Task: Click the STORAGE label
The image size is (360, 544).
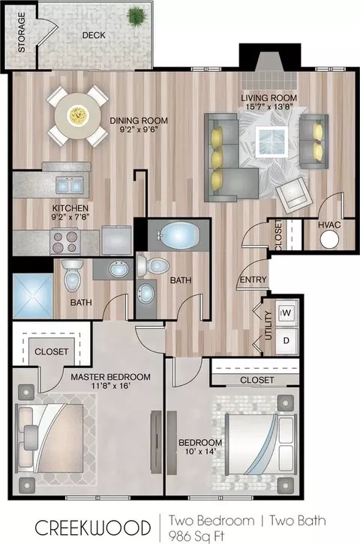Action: point(22,33)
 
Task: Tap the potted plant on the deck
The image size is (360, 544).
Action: point(137,16)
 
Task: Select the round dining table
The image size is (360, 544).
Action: point(77,116)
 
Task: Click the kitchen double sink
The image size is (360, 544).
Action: point(70,185)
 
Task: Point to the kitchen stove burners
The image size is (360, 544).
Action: point(65,242)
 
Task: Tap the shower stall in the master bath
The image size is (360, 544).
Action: point(33,296)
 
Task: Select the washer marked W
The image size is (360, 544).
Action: point(286,313)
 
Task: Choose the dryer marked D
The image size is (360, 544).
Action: point(286,341)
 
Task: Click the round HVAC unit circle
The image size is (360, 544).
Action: point(329,239)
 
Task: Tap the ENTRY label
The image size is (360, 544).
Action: point(253,279)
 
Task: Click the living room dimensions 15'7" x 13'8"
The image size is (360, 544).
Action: point(269,107)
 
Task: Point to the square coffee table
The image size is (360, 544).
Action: point(271,142)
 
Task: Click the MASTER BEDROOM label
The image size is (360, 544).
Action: point(111,377)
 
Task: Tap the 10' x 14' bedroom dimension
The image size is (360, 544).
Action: point(200,451)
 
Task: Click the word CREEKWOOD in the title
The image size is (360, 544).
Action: point(93,528)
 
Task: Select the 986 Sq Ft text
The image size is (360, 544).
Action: point(196,537)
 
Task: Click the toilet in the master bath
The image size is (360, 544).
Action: point(73,275)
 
